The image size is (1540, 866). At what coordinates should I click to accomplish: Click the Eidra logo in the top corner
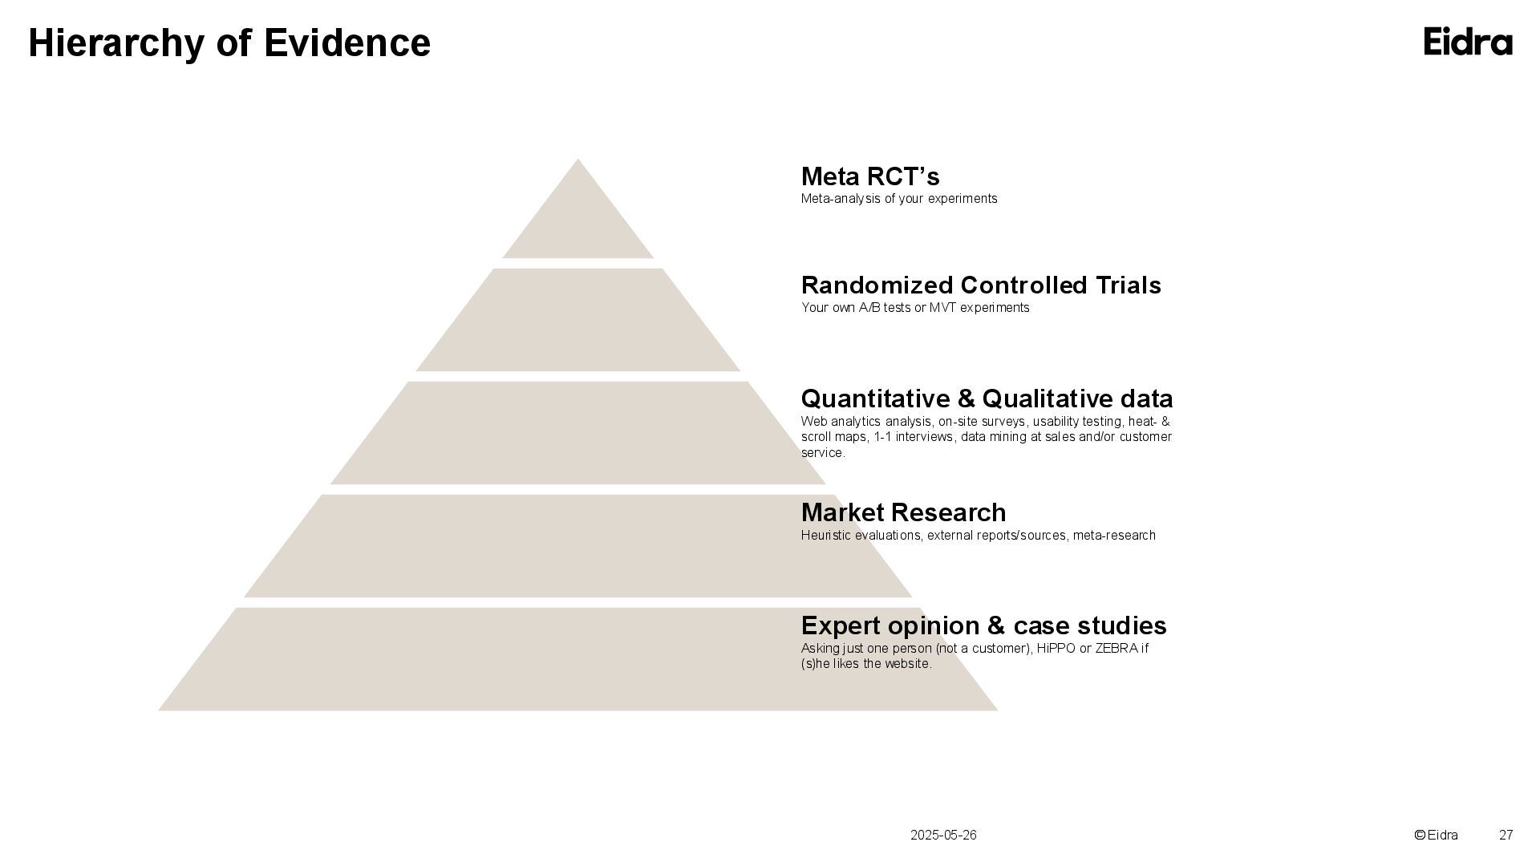[1468, 42]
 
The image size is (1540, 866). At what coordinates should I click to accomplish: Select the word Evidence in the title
[347, 43]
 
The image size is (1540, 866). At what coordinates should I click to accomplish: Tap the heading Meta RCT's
[870, 176]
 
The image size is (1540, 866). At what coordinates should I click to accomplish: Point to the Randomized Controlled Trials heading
[981, 285]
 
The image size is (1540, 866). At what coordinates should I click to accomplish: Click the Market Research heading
[903, 512]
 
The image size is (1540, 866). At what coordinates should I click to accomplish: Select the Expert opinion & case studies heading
[983, 625]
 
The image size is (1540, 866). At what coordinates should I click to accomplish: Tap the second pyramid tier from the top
[577, 321]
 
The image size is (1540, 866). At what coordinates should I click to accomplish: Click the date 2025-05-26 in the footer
[943, 836]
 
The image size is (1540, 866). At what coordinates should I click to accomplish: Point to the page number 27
[1506, 836]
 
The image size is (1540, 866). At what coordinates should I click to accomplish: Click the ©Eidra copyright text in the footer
[1436, 836]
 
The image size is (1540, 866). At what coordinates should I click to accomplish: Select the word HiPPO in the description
[1056, 649]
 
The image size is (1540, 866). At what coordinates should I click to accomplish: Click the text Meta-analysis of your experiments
[899, 199]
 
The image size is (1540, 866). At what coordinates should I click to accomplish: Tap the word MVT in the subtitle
[944, 308]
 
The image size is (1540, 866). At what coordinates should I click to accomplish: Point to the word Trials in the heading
[1126, 285]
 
